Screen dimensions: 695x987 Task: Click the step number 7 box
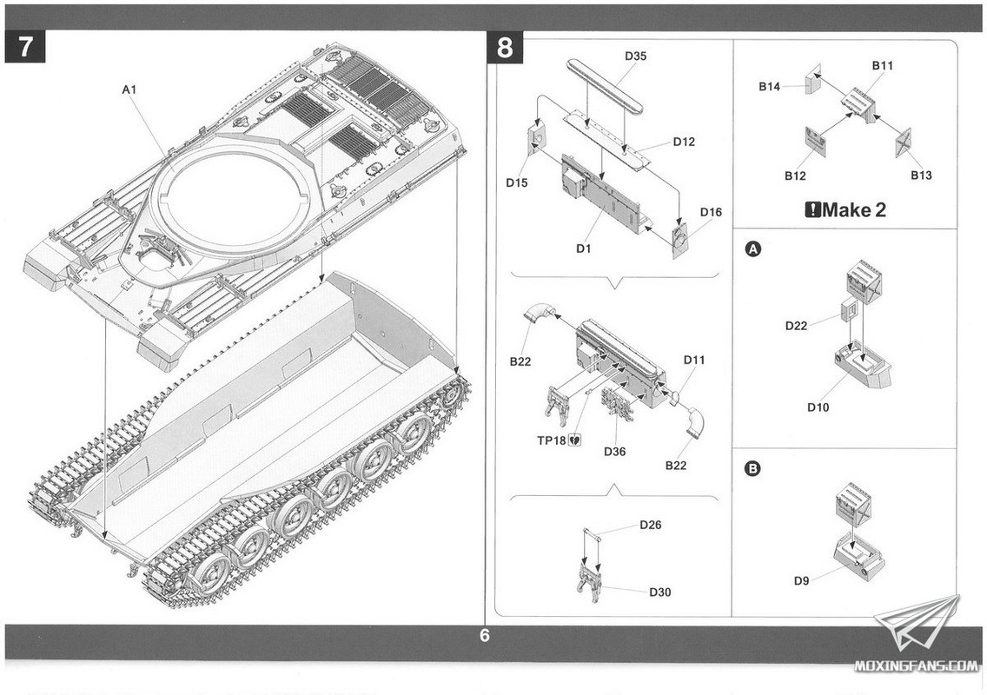pyautogui.click(x=24, y=47)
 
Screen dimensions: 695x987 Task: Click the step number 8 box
pyautogui.click(x=505, y=47)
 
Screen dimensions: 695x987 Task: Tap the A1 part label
pyautogui.click(x=129, y=89)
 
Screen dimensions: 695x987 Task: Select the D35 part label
pyautogui.click(x=635, y=56)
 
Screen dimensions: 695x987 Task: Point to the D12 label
pyautogui.click(x=684, y=142)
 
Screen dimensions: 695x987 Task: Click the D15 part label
pyautogui.click(x=518, y=183)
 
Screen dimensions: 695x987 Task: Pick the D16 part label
pyautogui.click(x=711, y=212)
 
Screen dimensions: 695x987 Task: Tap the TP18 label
pyautogui.click(x=553, y=440)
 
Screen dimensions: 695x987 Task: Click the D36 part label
pyautogui.click(x=615, y=452)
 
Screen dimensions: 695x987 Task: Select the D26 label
pyautogui.click(x=651, y=525)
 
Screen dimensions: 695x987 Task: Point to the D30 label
pyautogui.click(x=659, y=592)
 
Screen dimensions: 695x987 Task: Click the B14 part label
pyautogui.click(x=770, y=86)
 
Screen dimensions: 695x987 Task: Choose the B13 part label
pyautogui.click(x=921, y=175)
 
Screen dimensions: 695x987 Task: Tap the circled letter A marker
pyautogui.click(x=752, y=249)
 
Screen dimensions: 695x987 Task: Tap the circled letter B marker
pyautogui.click(x=752, y=469)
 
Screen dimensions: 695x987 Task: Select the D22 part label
pyautogui.click(x=797, y=326)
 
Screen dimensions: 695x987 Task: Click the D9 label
pyautogui.click(x=800, y=580)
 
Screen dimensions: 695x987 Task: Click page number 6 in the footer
pyautogui.click(x=484, y=635)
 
